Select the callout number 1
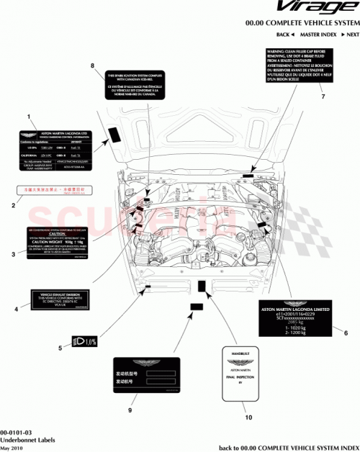28,117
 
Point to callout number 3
13,254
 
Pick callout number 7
323,96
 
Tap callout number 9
130,411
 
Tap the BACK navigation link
285,35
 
